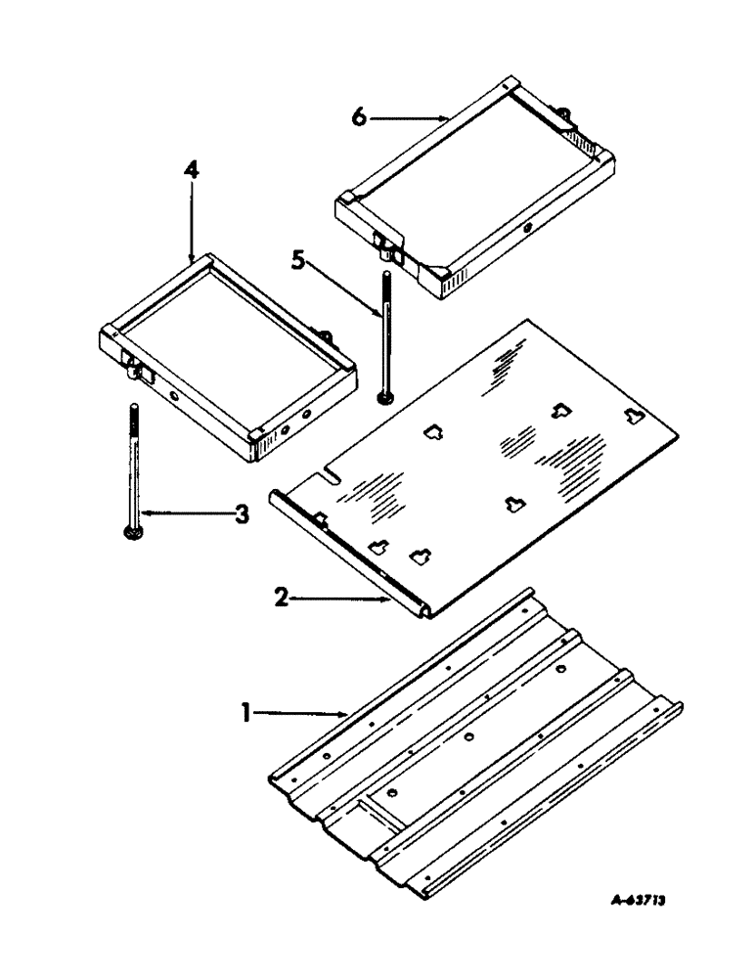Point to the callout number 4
(x=192, y=172)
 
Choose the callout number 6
(x=359, y=116)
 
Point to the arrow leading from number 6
(x=411, y=117)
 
